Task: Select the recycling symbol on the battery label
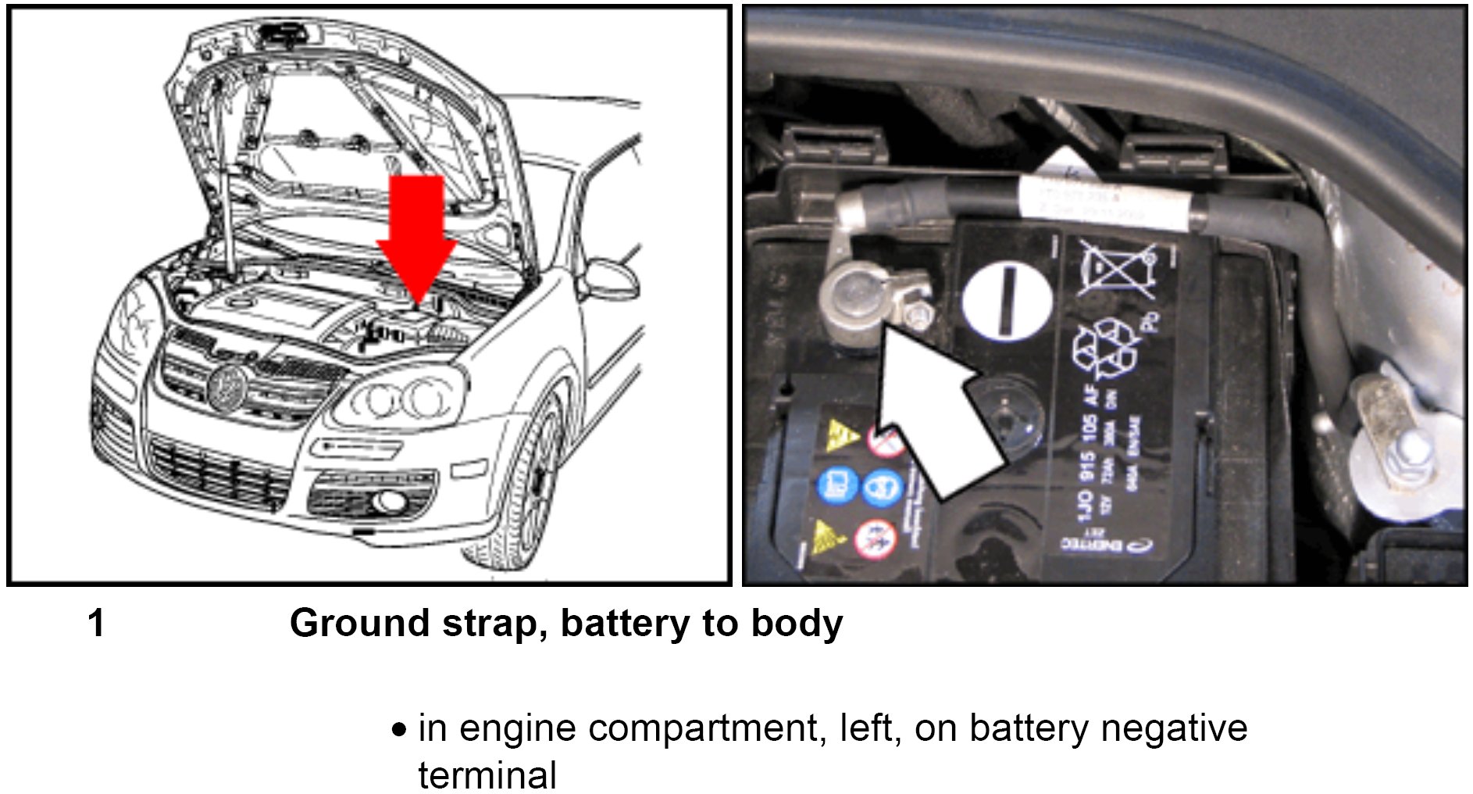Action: [x=1105, y=348]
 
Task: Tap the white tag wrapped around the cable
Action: [x=1109, y=199]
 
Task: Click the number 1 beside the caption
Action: [x=96, y=624]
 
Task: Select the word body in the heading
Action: [x=797, y=624]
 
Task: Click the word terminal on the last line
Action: [x=487, y=775]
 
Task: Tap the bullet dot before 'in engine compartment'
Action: [x=400, y=731]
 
